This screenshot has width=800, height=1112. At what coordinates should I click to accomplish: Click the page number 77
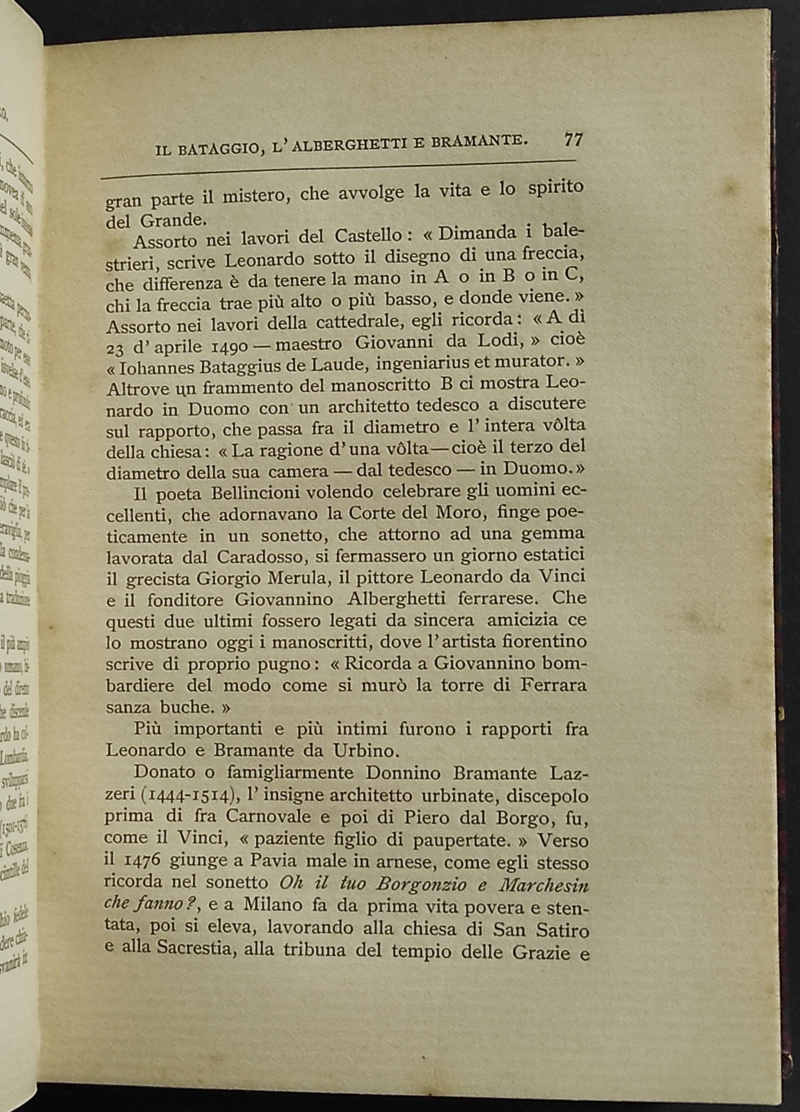point(573,140)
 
